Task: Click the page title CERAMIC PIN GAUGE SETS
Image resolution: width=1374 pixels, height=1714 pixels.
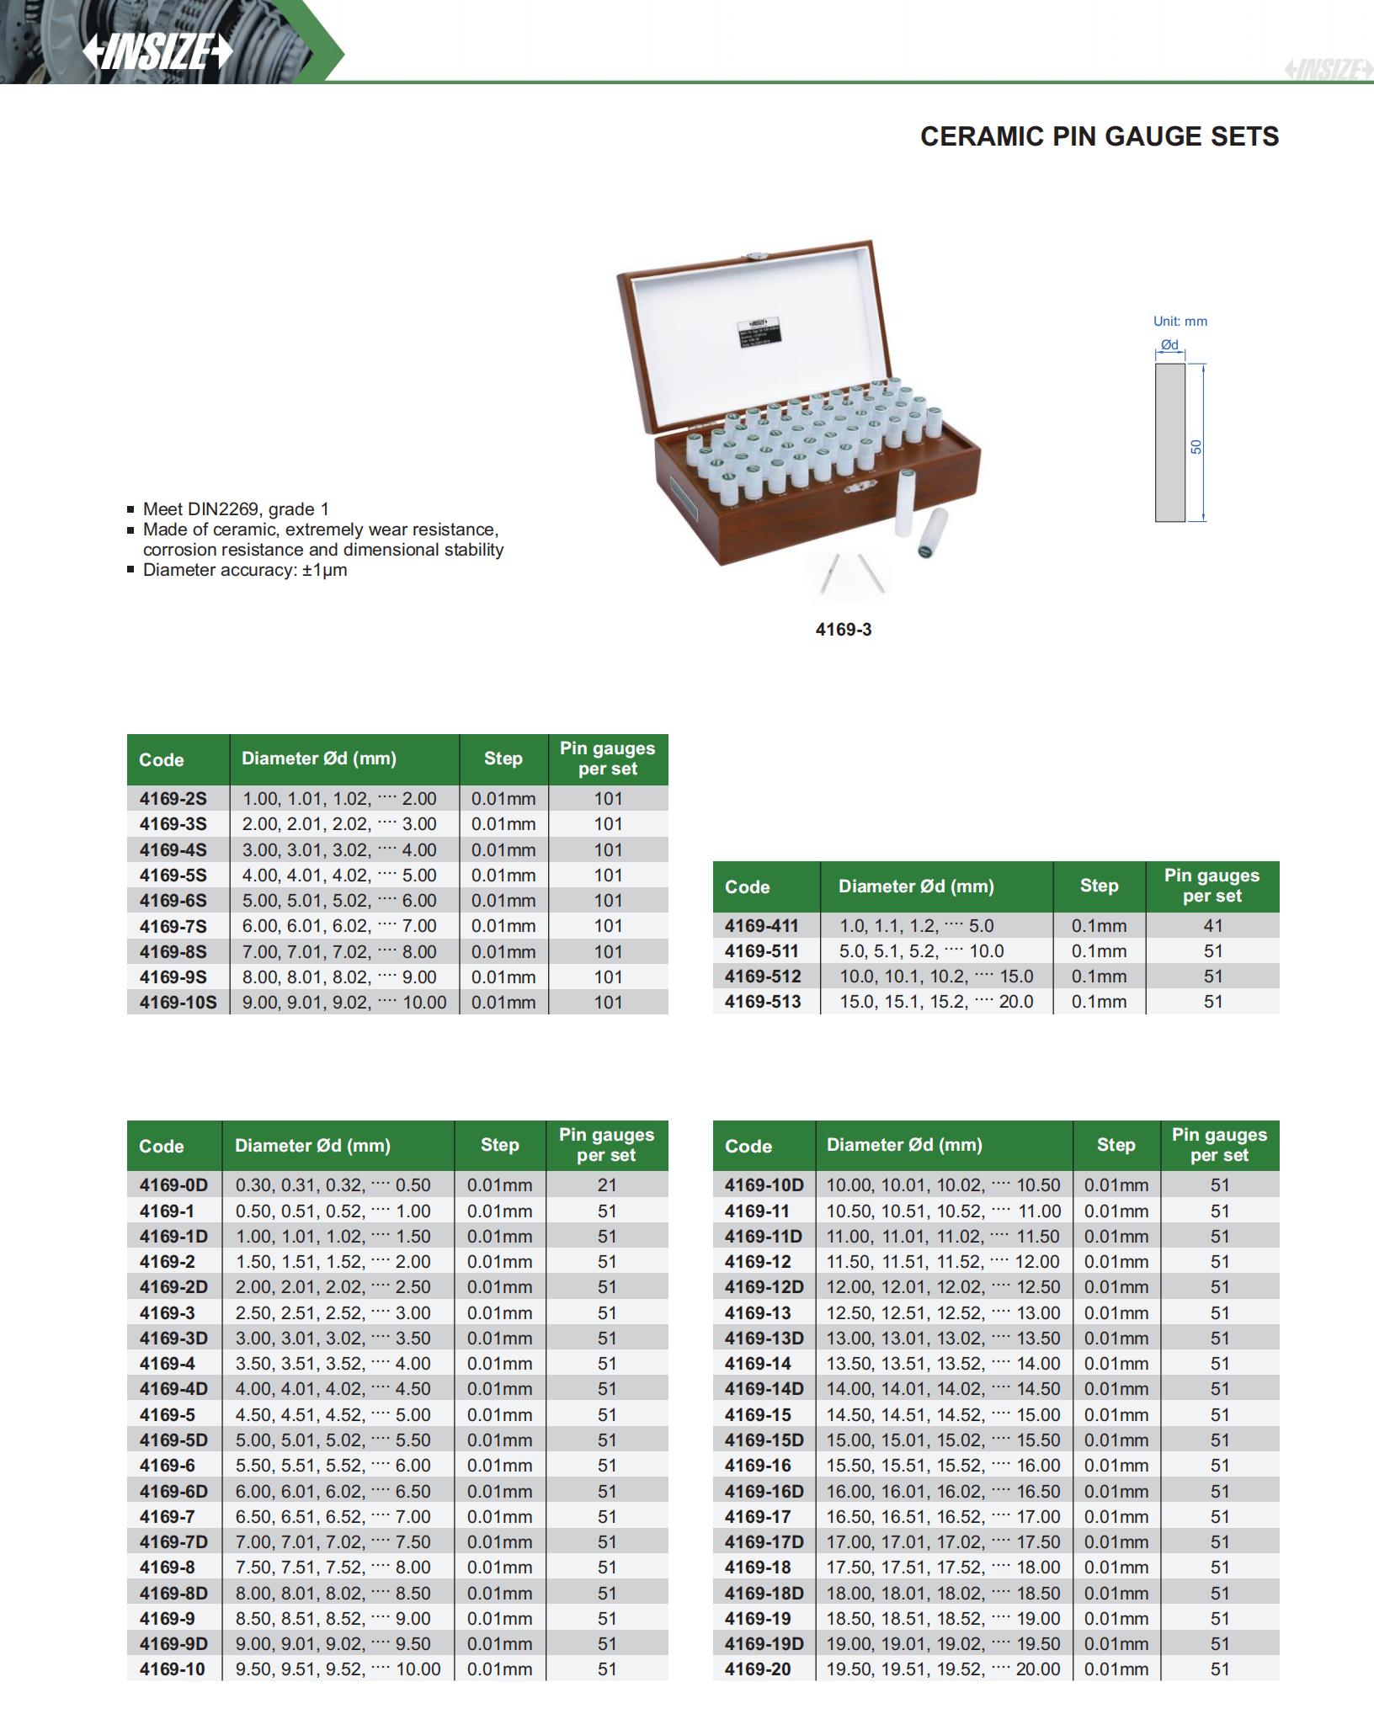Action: point(1099,136)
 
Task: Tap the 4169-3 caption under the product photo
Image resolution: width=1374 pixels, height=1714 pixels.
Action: point(843,630)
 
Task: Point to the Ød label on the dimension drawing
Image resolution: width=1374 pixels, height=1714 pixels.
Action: point(1169,345)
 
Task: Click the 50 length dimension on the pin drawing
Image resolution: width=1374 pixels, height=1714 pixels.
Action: point(1196,446)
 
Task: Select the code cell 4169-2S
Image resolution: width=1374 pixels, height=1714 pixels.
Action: point(173,799)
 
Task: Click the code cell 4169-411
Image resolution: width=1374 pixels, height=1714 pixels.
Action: point(761,926)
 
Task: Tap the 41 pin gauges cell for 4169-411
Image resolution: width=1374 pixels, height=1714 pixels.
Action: point(1212,926)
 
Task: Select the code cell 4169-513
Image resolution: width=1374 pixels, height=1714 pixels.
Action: point(762,1002)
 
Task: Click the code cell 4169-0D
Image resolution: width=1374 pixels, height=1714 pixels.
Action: point(173,1185)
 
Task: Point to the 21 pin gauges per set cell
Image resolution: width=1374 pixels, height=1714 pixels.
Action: point(607,1185)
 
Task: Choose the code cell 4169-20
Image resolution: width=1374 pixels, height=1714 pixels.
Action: point(758,1669)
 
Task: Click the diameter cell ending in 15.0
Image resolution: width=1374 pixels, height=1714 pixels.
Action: point(936,977)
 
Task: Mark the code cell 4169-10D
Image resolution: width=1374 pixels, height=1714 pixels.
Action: point(764,1185)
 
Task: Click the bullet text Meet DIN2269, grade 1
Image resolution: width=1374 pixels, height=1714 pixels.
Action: point(236,509)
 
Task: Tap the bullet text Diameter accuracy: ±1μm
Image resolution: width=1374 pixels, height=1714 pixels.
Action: point(245,570)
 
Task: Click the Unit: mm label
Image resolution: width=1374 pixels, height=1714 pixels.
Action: point(1180,321)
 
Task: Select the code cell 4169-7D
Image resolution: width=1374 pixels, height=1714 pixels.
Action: point(173,1541)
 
